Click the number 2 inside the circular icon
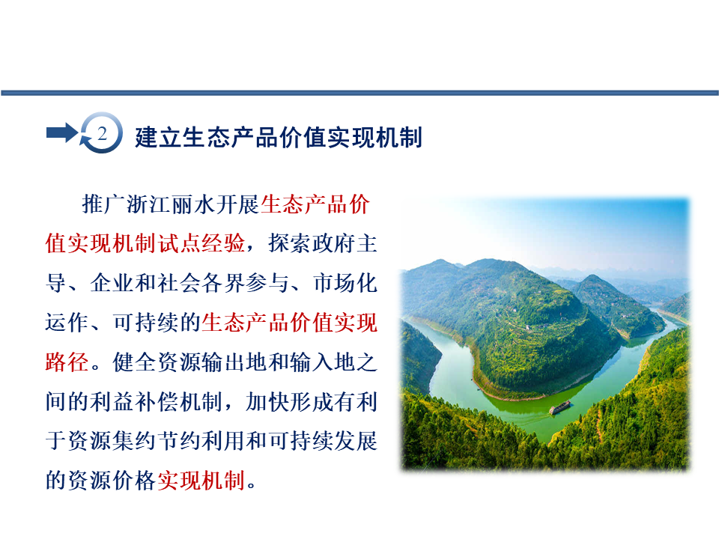point(102,133)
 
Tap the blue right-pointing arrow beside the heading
point(62,133)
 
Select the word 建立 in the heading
point(159,138)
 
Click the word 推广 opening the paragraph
point(103,204)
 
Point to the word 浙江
point(148,204)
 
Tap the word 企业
point(112,283)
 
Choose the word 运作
point(67,322)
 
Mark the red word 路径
point(67,362)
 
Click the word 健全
point(135,362)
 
